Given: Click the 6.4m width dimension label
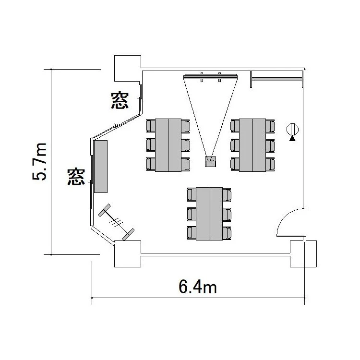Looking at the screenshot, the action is (198, 287).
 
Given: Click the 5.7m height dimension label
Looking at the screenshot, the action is (39, 162).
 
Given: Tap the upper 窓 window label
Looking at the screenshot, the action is (120, 100).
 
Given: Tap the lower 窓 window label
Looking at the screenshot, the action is (76, 176).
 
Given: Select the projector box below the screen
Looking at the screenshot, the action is (210, 162).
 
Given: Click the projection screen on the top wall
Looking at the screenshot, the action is (210, 76).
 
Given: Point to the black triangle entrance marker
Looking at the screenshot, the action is (292, 138).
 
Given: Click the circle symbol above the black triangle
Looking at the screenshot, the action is (292, 129).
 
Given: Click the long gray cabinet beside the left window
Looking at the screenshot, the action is (101, 167).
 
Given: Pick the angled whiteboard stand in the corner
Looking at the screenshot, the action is (116, 222).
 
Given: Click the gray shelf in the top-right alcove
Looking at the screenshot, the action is (276, 79).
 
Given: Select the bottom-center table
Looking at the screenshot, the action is (209, 214).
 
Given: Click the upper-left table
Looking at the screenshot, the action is (168, 145).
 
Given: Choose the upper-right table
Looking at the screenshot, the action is (252, 145).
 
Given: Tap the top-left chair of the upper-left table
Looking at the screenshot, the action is (151, 126).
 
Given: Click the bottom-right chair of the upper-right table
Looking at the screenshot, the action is (270, 164).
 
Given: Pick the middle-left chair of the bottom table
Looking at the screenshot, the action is (192, 214).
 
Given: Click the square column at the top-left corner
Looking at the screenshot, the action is (128, 69).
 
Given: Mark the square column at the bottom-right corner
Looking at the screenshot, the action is (303, 254).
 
